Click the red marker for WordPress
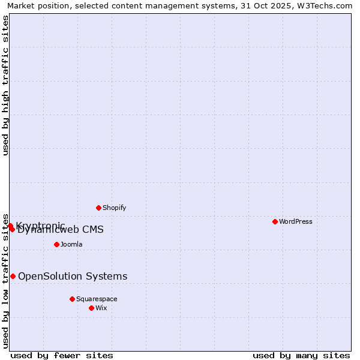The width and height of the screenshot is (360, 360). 275,221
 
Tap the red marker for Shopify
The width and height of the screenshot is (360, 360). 98,208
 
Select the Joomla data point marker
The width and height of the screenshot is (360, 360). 56,244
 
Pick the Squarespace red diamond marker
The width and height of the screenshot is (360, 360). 72,299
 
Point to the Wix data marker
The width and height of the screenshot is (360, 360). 91,308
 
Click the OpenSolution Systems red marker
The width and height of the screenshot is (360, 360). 13,276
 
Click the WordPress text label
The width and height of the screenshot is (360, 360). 296,221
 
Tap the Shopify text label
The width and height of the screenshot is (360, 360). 114,208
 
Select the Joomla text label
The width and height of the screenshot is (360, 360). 71,244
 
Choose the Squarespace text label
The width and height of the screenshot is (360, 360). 97,299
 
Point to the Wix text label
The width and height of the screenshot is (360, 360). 101,308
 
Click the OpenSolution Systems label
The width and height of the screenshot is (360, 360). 73,276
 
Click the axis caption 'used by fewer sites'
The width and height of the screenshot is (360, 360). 62,355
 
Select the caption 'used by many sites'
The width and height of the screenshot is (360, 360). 301,355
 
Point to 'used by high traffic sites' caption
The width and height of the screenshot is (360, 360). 5,85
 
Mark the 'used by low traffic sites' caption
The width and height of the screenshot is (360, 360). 5,281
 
